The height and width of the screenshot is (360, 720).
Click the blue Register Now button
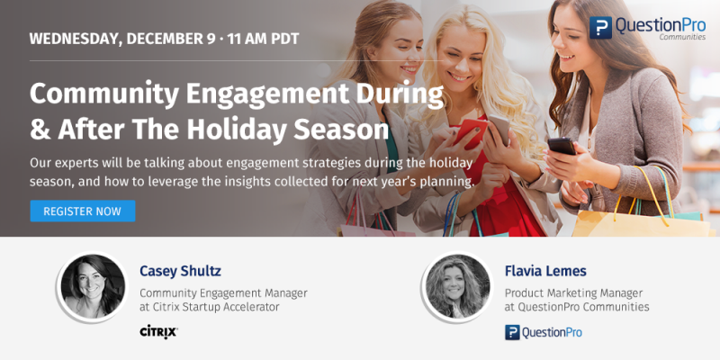coord(83,211)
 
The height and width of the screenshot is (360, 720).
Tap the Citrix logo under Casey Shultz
coord(158,331)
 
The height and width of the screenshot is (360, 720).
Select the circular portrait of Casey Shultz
coord(93,286)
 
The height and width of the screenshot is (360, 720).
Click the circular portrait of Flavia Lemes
coord(457,286)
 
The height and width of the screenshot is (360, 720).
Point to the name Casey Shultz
coord(181,272)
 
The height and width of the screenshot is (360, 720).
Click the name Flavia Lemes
coord(545,271)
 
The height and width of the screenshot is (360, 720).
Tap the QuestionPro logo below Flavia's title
coord(544,332)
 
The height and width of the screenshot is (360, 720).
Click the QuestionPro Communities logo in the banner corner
coord(647,28)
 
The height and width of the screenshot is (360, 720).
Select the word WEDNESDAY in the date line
coord(76,39)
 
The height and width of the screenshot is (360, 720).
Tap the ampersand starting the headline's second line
coord(40,130)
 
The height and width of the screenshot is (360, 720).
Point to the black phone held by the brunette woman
coord(562,147)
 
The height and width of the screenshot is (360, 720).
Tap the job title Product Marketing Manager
coord(573,293)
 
